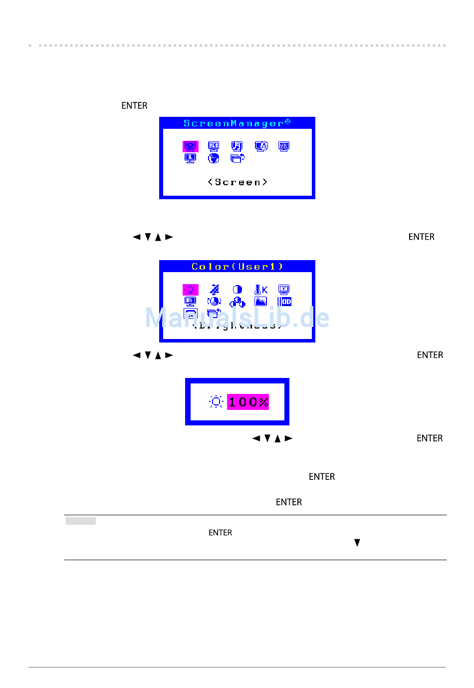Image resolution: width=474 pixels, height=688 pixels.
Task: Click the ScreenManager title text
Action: pyautogui.click(x=237, y=123)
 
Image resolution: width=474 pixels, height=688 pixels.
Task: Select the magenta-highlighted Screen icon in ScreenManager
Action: pyautogui.click(x=190, y=146)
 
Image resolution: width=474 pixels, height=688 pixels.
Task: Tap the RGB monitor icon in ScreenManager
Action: pyautogui.click(x=214, y=146)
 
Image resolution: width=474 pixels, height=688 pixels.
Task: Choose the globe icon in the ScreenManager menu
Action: pyautogui.click(x=214, y=158)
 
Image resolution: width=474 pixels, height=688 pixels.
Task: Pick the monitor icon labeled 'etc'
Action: pyautogui.click(x=284, y=146)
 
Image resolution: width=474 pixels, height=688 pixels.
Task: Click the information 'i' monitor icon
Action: pyautogui.click(x=190, y=158)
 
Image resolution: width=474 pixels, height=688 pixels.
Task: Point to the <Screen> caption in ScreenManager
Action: pyautogui.click(x=237, y=182)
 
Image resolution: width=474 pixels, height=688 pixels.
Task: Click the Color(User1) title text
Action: pyautogui.click(x=237, y=267)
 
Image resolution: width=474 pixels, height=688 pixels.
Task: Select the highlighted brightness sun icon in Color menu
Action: pyautogui.click(x=190, y=290)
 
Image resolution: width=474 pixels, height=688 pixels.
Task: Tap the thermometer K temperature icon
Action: pyautogui.click(x=261, y=290)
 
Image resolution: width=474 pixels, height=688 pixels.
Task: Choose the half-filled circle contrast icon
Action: pyautogui.click(x=237, y=290)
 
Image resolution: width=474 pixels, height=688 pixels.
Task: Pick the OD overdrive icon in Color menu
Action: pyautogui.click(x=284, y=302)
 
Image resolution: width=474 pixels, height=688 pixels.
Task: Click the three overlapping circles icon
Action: pyautogui.click(x=237, y=302)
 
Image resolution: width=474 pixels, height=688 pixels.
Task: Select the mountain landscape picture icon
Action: pyautogui.click(x=260, y=302)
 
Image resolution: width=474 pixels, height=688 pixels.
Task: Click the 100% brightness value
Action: pyautogui.click(x=248, y=402)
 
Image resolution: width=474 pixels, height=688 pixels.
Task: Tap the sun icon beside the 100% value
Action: pyautogui.click(x=216, y=402)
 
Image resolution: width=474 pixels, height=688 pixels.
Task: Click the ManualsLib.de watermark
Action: pyautogui.click(x=237, y=318)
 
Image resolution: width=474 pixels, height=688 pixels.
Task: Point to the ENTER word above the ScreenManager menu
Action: pyautogui.click(x=134, y=106)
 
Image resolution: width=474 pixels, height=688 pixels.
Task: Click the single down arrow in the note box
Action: pyautogui.click(x=357, y=543)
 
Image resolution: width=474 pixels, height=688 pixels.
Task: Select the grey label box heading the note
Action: pyautogui.click(x=81, y=521)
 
